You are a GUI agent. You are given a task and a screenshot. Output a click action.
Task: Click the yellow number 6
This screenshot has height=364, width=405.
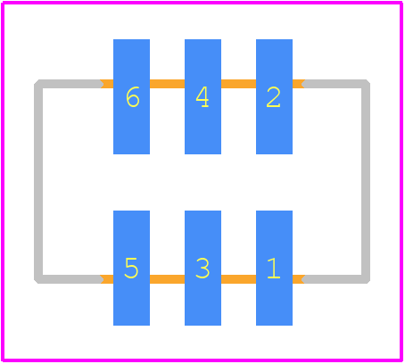(133, 97)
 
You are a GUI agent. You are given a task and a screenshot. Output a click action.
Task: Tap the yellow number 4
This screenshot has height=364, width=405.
(202, 97)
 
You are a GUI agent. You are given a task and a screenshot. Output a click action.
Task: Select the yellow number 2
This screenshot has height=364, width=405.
(273, 97)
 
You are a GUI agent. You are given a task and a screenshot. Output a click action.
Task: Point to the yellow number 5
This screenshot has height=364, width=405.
(131, 268)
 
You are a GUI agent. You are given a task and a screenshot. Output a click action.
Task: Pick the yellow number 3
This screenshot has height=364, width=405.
(202, 268)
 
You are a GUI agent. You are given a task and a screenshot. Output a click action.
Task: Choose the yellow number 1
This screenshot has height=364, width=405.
(274, 268)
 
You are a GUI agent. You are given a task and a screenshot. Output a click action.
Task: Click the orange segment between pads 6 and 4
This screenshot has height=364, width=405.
(167, 84)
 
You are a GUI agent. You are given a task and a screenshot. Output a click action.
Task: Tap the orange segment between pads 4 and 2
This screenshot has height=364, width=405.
(238, 84)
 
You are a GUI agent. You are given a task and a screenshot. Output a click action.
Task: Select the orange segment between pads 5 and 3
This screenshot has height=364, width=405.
(167, 279)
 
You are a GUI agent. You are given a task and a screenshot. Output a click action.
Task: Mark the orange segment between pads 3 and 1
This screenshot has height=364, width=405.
(238, 279)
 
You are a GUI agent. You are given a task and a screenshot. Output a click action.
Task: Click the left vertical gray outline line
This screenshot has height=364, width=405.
(38, 181)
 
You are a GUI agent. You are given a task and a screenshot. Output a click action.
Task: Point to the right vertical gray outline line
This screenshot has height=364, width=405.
(366, 181)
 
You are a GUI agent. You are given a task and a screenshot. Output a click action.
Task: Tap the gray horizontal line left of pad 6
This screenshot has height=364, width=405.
(69, 84)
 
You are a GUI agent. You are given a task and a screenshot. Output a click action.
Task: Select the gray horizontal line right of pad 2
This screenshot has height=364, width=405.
(335, 84)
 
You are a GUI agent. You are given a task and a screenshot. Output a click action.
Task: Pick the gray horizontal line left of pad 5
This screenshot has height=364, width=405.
(69, 279)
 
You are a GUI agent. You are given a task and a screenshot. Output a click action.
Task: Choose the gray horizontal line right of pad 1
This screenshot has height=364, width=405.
(335, 279)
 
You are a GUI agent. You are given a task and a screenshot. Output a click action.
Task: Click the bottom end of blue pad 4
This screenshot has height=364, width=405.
(202, 153)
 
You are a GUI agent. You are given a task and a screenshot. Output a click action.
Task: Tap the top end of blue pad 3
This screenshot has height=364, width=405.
(202, 211)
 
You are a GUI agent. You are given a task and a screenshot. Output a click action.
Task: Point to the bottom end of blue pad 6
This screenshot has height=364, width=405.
(131, 153)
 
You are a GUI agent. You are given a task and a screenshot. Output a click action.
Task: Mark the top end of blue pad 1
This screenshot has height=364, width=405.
(274, 211)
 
